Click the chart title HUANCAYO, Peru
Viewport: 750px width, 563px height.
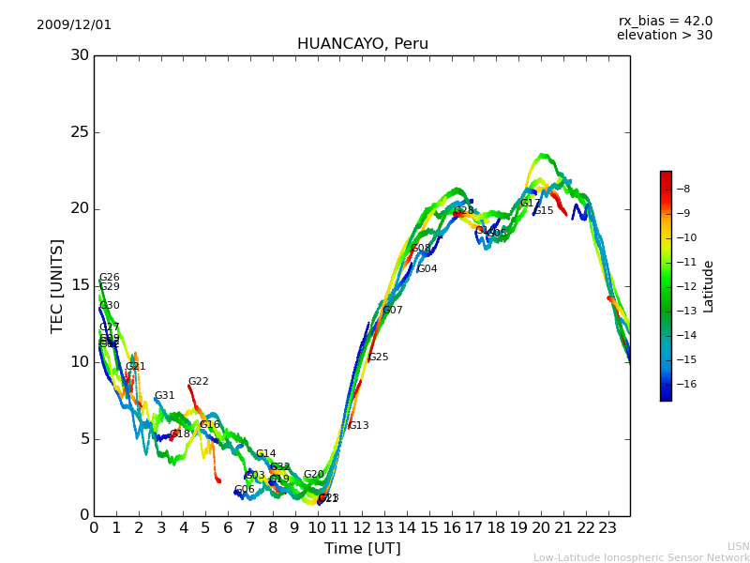tap(362, 44)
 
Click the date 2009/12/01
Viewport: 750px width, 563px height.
tap(74, 25)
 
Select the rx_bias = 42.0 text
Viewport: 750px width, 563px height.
tap(665, 22)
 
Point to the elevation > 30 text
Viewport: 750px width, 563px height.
tap(664, 36)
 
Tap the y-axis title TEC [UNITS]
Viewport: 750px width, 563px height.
tap(57, 285)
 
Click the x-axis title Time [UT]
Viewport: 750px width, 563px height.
tap(362, 549)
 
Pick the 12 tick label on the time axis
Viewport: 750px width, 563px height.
tap(362, 527)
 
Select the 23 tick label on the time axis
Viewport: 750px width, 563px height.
tap(607, 527)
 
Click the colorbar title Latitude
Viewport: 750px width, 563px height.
tap(709, 285)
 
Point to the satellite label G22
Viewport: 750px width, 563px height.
tap(198, 382)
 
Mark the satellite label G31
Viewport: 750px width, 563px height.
tap(164, 396)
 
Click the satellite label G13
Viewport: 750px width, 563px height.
tap(358, 426)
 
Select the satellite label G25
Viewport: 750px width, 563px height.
tap(378, 358)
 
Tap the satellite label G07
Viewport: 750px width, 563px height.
tap(392, 311)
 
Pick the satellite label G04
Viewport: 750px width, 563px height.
tap(427, 269)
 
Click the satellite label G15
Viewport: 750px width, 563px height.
tap(544, 211)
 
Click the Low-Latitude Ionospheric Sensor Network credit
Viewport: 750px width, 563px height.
tap(641, 558)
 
